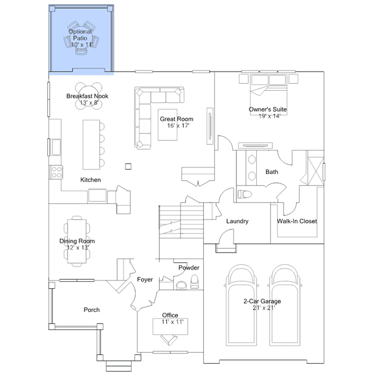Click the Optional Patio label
click(x=80, y=34)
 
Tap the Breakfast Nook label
click(x=87, y=96)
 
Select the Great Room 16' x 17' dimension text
click(x=178, y=126)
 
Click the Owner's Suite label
click(x=268, y=109)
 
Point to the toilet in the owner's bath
click(x=245, y=194)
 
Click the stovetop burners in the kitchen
click(x=56, y=172)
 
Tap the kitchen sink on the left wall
click(x=56, y=147)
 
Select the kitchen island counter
click(x=91, y=145)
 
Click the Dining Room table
click(x=77, y=241)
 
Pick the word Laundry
click(x=238, y=221)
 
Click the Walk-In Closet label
click(x=297, y=221)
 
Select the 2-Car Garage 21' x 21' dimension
click(x=264, y=308)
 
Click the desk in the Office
click(x=171, y=327)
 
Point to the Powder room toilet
click(x=194, y=282)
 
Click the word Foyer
click(x=145, y=279)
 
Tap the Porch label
click(x=91, y=310)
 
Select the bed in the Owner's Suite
click(x=268, y=95)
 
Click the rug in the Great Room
click(x=168, y=125)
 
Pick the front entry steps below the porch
click(x=119, y=366)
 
